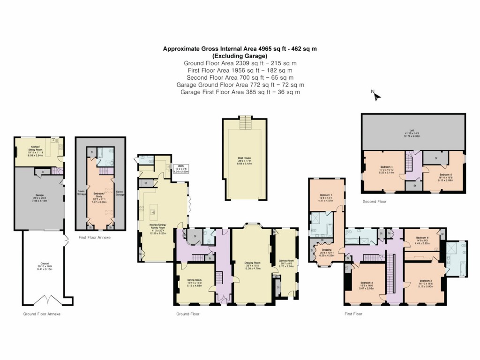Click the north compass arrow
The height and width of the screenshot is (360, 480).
coord(377,96)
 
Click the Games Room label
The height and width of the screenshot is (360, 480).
coord(286,262)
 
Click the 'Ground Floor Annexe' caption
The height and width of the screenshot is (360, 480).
coord(42,314)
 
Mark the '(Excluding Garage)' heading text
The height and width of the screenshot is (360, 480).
coord(240,55)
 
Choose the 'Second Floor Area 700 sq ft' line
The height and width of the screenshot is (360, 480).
coord(240,77)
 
